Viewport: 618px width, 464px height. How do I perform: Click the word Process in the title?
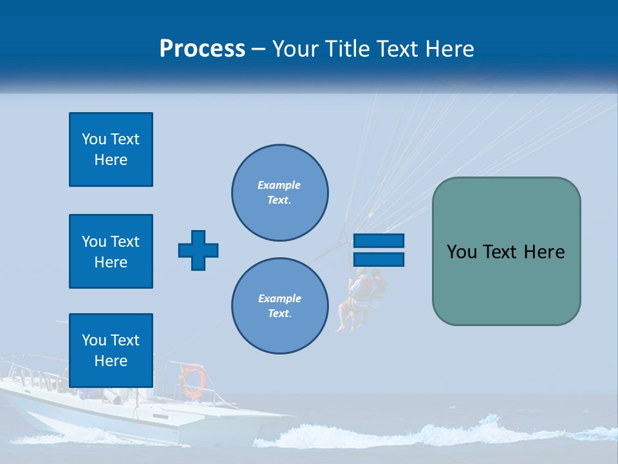[202, 49]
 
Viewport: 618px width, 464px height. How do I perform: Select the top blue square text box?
[111, 150]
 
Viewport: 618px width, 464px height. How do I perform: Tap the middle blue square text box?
[111, 251]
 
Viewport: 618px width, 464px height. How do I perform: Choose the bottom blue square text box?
[111, 351]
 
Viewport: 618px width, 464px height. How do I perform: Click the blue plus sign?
[198, 250]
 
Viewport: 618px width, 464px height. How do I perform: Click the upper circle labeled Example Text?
[280, 193]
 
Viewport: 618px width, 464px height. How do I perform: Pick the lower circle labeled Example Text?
[280, 306]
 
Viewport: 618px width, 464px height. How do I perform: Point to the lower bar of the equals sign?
[379, 259]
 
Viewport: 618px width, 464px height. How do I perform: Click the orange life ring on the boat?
[192, 381]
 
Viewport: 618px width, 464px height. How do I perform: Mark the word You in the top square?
[93, 139]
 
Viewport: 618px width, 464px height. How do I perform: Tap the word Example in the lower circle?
[279, 298]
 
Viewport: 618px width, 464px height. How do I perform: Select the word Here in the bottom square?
[111, 361]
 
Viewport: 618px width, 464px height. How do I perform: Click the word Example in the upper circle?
[279, 185]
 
